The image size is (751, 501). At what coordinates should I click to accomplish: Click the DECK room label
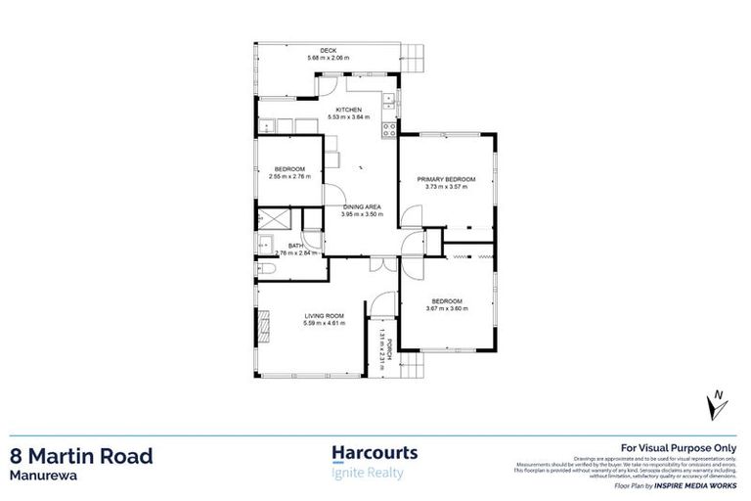(x=329, y=51)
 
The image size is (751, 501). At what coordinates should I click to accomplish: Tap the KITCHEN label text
(x=348, y=110)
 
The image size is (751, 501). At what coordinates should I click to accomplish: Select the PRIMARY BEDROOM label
(x=446, y=179)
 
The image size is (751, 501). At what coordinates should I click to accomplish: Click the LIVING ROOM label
(x=324, y=315)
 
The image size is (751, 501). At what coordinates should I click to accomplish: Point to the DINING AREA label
(x=361, y=205)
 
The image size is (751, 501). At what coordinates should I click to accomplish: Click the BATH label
(x=295, y=246)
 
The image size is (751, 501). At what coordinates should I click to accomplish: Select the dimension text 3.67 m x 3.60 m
(x=447, y=308)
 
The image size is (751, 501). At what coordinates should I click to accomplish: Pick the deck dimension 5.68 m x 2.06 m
(x=329, y=59)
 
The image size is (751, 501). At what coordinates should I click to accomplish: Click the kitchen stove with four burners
(x=388, y=127)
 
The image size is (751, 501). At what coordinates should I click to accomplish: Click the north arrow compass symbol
(x=718, y=400)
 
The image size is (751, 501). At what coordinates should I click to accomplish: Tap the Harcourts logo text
(x=375, y=453)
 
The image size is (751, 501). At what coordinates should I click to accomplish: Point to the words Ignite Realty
(x=368, y=475)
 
